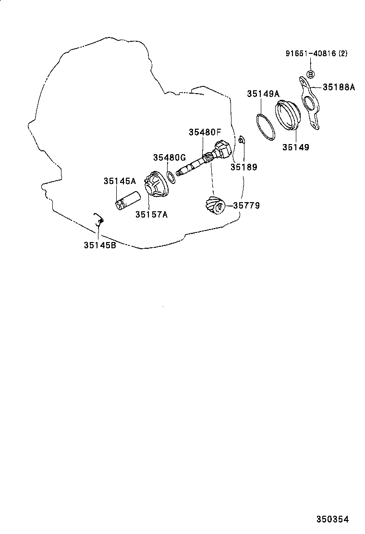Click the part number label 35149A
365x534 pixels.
coord(264,94)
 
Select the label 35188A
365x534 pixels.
coord(339,87)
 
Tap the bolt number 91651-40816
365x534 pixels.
coord(308,54)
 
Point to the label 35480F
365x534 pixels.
coord(205,132)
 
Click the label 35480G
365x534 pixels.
coord(170,158)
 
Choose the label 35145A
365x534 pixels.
coord(120,181)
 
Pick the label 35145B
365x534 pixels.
coord(100,245)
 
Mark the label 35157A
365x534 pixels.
coord(151,215)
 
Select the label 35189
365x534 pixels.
coord(243,167)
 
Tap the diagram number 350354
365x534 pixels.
coord(332,519)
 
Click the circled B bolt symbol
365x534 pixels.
coord(310,74)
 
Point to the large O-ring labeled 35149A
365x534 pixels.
coord(265,127)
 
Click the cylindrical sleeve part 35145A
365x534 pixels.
coord(127,200)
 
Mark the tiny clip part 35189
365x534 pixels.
coord(242,140)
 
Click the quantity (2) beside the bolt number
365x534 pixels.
coord(343,54)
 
